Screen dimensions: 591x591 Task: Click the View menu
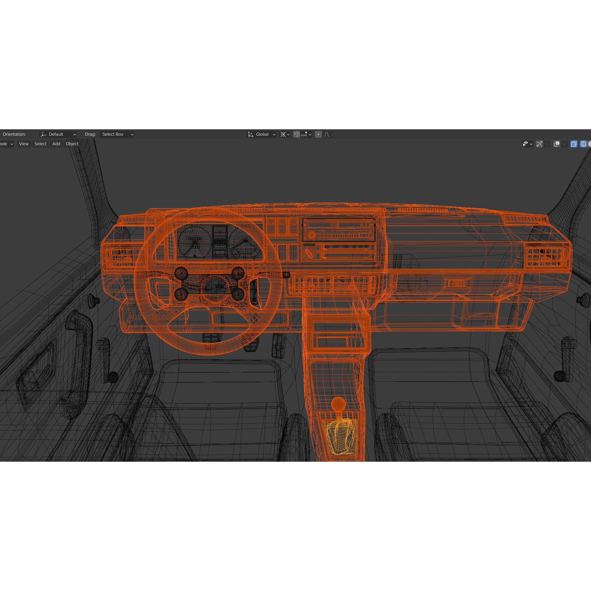pyautogui.click(x=24, y=144)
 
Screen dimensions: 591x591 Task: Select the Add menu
pyautogui.click(x=56, y=144)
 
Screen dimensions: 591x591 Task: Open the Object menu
pyautogui.click(x=72, y=144)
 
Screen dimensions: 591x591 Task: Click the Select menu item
pyautogui.click(x=40, y=144)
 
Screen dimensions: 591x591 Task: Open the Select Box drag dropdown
pyautogui.click(x=117, y=134)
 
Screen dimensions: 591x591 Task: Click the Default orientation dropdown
pyautogui.click(x=58, y=134)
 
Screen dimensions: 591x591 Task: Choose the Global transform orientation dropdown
pyautogui.click(x=261, y=134)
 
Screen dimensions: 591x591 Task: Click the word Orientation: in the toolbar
pyautogui.click(x=14, y=134)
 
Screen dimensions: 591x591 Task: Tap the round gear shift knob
pyautogui.click(x=338, y=404)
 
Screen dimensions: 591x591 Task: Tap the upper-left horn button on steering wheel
pyautogui.click(x=181, y=273)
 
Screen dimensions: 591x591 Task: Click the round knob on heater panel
pyautogui.click(x=308, y=253)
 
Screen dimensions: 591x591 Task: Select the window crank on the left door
pyautogui.click(x=107, y=360)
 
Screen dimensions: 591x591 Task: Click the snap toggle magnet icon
pyautogui.click(x=296, y=134)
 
